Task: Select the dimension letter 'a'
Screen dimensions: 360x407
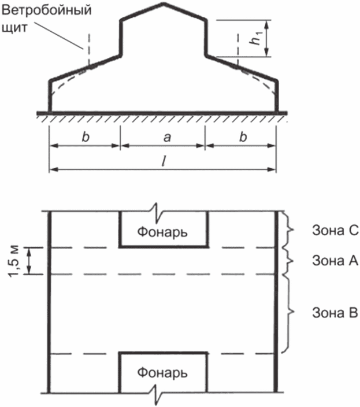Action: pyautogui.click(x=162, y=138)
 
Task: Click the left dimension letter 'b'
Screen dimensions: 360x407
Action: pyautogui.click(x=84, y=138)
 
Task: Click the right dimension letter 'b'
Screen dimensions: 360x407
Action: pyautogui.click(x=243, y=138)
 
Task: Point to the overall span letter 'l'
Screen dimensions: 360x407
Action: pyautogui.click(x=163, y=162)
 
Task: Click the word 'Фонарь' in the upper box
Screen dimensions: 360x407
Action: pyautogui.click(x=162, y=232)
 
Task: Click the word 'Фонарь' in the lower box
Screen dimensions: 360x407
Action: pyautogui.click(x=162, y=372)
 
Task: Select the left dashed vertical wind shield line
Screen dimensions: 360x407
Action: pyautogui.click(x=88, y=49)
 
